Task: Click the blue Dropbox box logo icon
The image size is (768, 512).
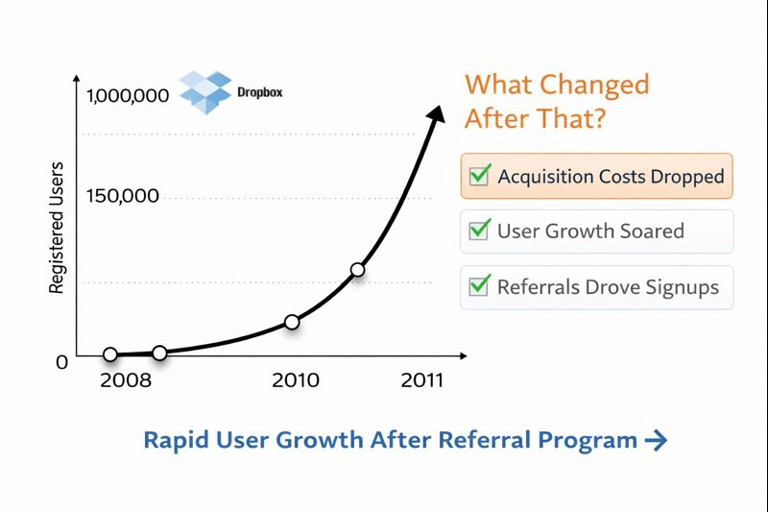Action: [x=205, y=92]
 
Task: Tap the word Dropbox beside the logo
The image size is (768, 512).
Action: [x=259, y=94]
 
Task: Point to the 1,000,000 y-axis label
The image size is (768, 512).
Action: [x=127, y=96]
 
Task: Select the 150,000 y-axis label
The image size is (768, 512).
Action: [x=122, y=197]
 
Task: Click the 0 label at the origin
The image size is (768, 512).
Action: [x=62, y=362]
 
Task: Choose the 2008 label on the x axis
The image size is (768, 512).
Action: [x=125, y=380]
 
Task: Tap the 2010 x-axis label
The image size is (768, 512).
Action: [x=296, y=380]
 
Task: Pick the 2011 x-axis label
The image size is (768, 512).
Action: [x=422, y=380]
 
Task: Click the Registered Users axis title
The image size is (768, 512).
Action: [x=57, y=227]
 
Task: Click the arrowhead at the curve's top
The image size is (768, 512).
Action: [x=437, y=113]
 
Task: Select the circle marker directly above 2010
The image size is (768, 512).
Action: [x=292, y=322]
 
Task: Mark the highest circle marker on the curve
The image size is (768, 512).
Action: [x=357, y=270]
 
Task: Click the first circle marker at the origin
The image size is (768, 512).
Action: [x=110, y=354]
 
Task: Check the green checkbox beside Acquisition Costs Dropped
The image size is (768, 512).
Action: [x=480, y=176]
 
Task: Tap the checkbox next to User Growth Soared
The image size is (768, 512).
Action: [x=480, y=231]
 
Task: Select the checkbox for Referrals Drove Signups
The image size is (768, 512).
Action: [x=480, y=286]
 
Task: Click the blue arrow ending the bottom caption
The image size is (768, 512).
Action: [x=656, y=441]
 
